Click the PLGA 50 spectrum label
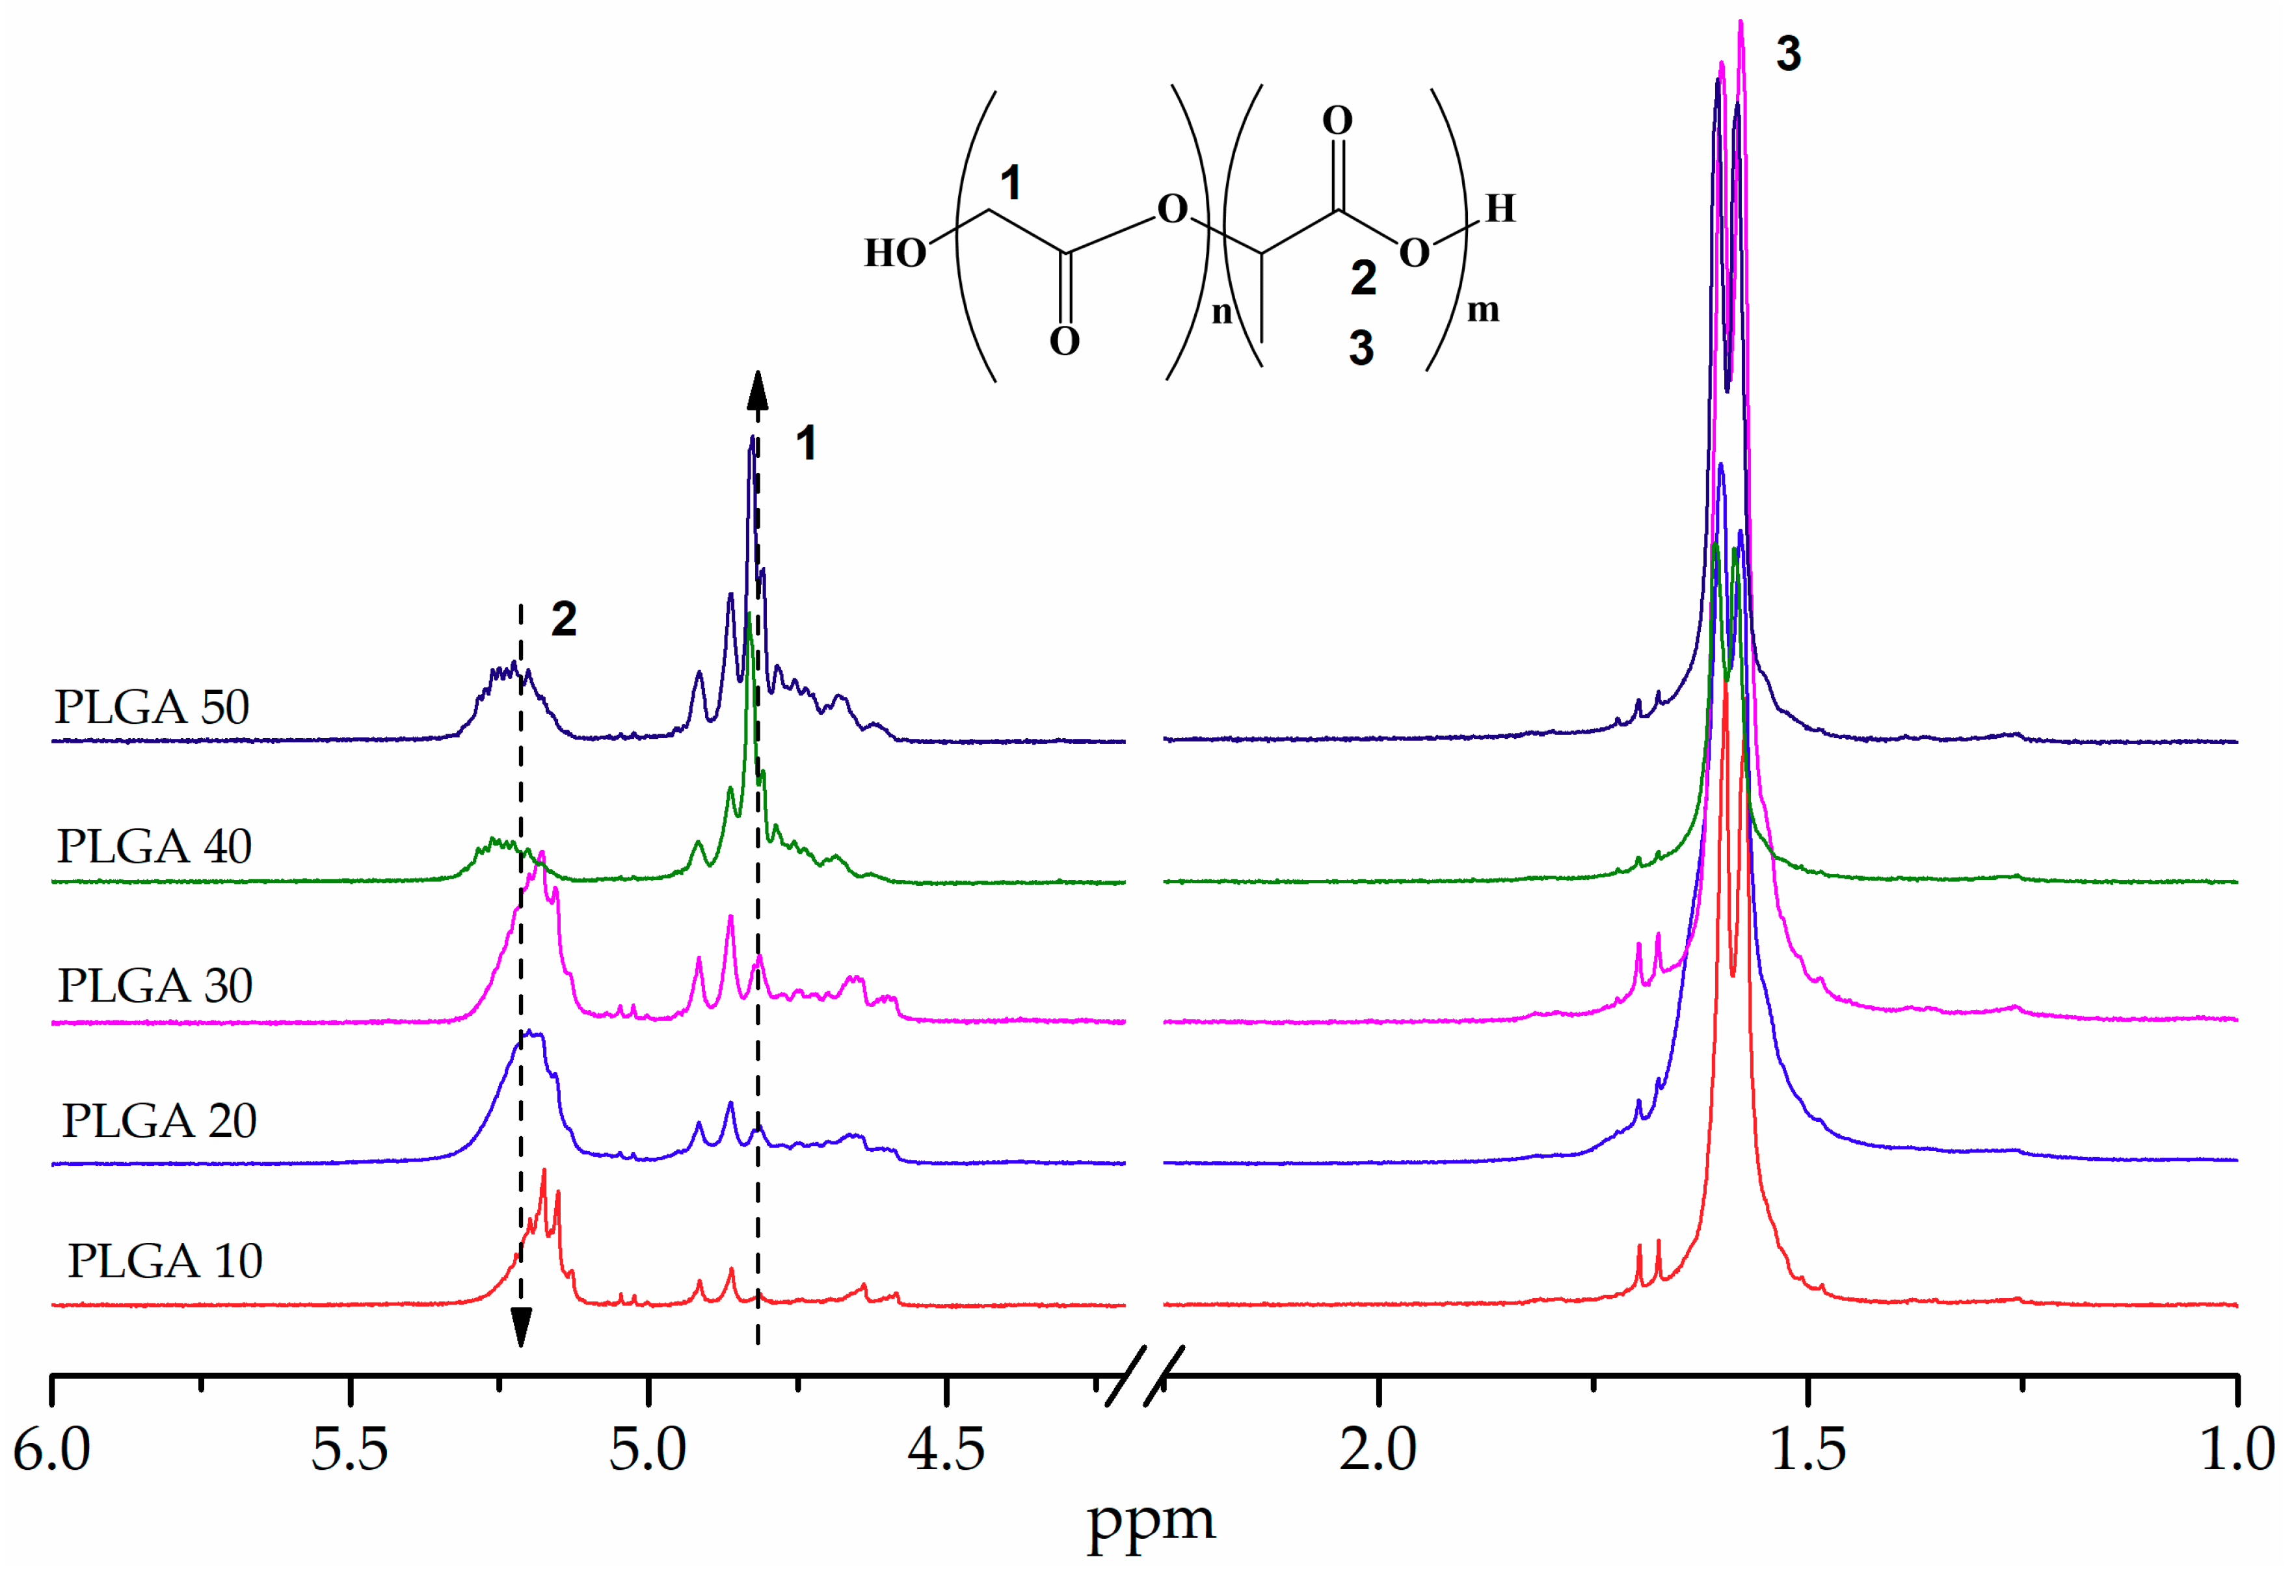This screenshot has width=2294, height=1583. pyautogui.click(x=152, y=707)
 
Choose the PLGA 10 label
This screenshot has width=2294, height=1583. pyautogui.click(x=165, y=1260)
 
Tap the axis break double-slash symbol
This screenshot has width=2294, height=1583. pyautogui.click(x=1145, y=1376)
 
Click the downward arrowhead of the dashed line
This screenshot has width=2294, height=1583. pyautogui.click(x=521, y=1327)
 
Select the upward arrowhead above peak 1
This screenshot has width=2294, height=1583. pyautogui.click(x=758, y=391)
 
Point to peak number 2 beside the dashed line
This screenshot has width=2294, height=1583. pyautogui.click(x=563, y=620)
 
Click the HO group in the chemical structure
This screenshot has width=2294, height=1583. pyautogui.click(x=894, y=254)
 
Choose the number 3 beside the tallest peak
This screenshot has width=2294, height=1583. pyautogui.click(x=1788, y=53)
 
